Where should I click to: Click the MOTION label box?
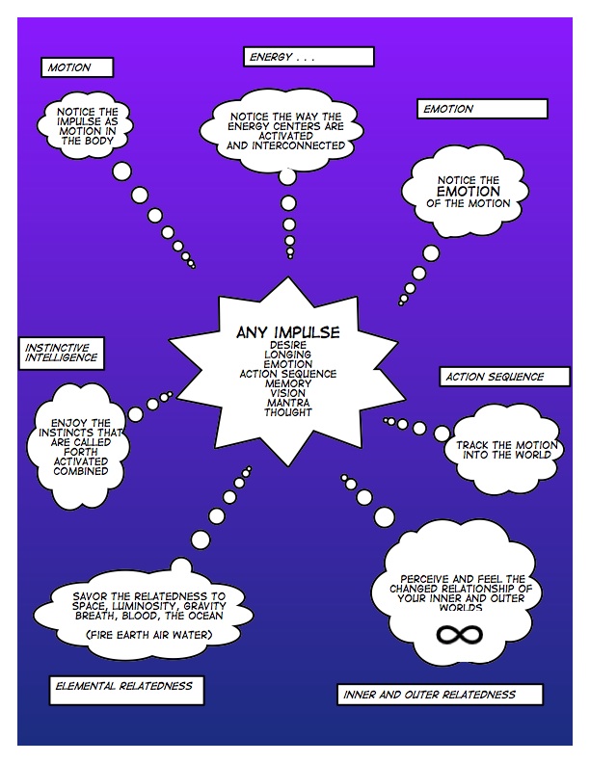click(78, 67)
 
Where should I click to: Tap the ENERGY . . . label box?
click(307, 57)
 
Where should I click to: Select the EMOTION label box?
click(469, 109)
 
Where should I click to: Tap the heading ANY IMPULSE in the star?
click(287, 332)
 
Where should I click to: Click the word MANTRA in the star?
click(287, 403)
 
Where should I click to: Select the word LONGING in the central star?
click(287, 354)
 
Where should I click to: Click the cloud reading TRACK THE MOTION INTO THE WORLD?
click(498, 449)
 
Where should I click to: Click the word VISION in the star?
click(287, 393)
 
